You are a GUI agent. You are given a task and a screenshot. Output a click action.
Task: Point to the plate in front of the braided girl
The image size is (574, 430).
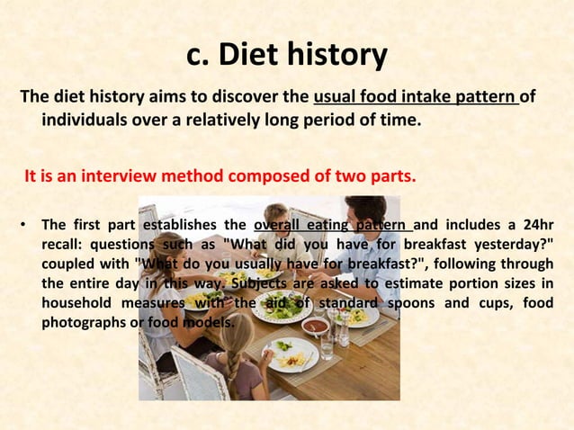point(291,356)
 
